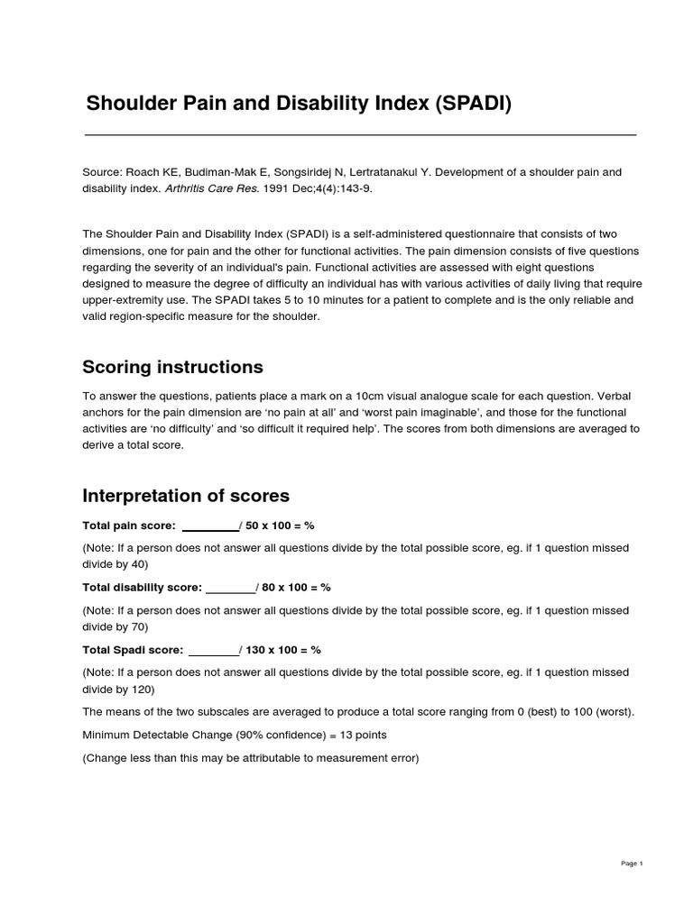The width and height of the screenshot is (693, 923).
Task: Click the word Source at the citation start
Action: tap(102, 171)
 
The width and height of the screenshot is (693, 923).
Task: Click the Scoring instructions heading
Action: tap(172, 367)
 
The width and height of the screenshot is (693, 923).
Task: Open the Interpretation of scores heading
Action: tap(186, 496)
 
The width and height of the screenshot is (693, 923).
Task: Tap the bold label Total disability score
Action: tap(142, 588)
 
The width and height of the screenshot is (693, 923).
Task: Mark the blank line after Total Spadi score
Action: tap(213, 650)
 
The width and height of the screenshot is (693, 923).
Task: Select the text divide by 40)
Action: tap(115, 564)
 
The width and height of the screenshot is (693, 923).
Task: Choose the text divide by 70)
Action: tap(115, 626)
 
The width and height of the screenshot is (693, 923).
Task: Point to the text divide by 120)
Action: tap(118, 690)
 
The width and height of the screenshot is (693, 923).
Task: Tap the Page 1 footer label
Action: tap(632, 864)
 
